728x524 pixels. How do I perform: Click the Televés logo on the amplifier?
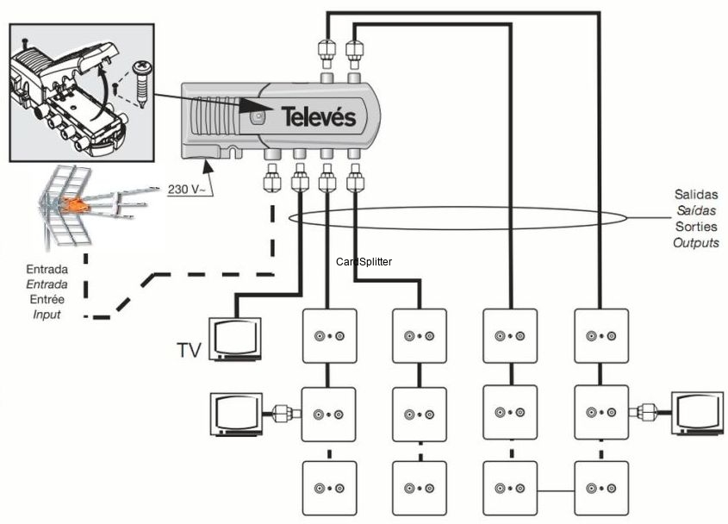pos(319,117)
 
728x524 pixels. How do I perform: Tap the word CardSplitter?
pos(364,260)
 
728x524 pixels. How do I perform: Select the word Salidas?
pos(696,196)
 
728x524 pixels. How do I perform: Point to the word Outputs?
pos(696,244)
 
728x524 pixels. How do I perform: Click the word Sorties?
pos(696,228)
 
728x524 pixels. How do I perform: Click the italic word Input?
pos(47,315)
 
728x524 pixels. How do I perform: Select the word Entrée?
pos(47,299)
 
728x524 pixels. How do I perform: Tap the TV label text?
pos(189,350)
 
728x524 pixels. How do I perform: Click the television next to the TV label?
pos(235,338)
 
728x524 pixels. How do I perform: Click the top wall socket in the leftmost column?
pos(328,336)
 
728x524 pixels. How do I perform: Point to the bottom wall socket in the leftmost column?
pos(328,488)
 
